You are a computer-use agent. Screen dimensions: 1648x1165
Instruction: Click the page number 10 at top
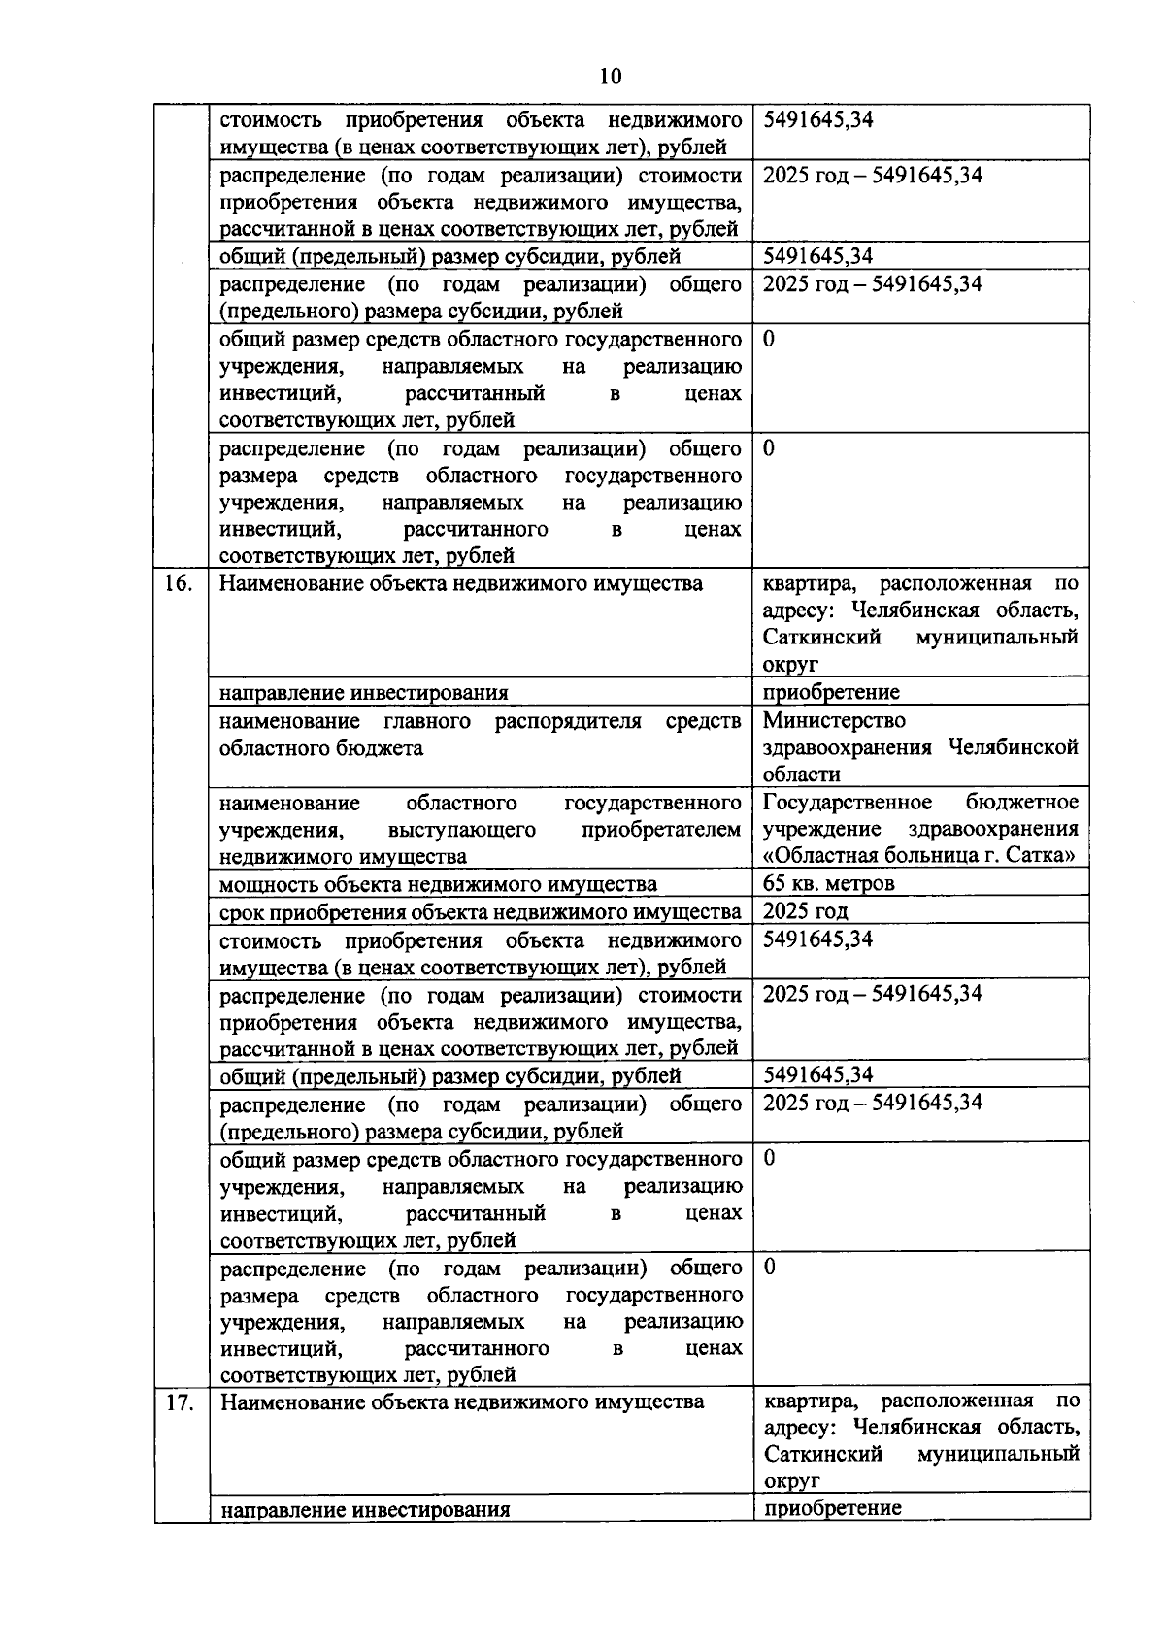[x=611, y=77]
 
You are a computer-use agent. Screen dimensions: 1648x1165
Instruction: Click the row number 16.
[x=179, y=584]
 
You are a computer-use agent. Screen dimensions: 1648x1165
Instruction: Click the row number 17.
[x=180, y=1403]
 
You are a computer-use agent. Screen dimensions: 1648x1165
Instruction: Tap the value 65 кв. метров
[x=828, y=883]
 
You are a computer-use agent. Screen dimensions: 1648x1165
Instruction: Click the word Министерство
[x=834, y=720]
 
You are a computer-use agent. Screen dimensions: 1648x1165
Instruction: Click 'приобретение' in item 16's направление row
[x=831, y=692]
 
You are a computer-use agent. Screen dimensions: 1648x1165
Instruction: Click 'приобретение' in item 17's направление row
[x=832, y=1508]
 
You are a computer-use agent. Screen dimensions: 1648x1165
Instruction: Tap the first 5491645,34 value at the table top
[x=817, y=119]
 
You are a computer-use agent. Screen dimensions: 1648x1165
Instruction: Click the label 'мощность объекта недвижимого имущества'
[x=438, y=884]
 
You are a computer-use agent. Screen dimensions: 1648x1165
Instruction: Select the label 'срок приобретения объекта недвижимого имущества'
[x=480, y=911]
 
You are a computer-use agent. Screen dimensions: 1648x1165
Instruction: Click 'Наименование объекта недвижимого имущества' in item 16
[x=460, y=584]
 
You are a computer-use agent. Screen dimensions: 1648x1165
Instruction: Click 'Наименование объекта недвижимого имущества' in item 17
[x=461, y=1402]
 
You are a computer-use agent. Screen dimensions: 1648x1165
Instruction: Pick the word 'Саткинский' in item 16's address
[x=821, y=638]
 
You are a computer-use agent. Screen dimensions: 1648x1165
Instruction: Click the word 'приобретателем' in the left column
[x=661, y=830]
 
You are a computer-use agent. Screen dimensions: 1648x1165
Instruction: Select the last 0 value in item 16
[x=770, y=1267]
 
